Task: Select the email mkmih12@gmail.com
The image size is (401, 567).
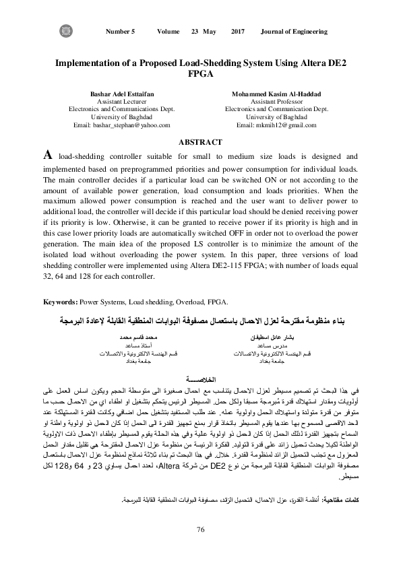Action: (277, 125)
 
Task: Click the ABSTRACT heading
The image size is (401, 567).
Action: (199, 141)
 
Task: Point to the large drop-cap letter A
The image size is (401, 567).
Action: (48, 154)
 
